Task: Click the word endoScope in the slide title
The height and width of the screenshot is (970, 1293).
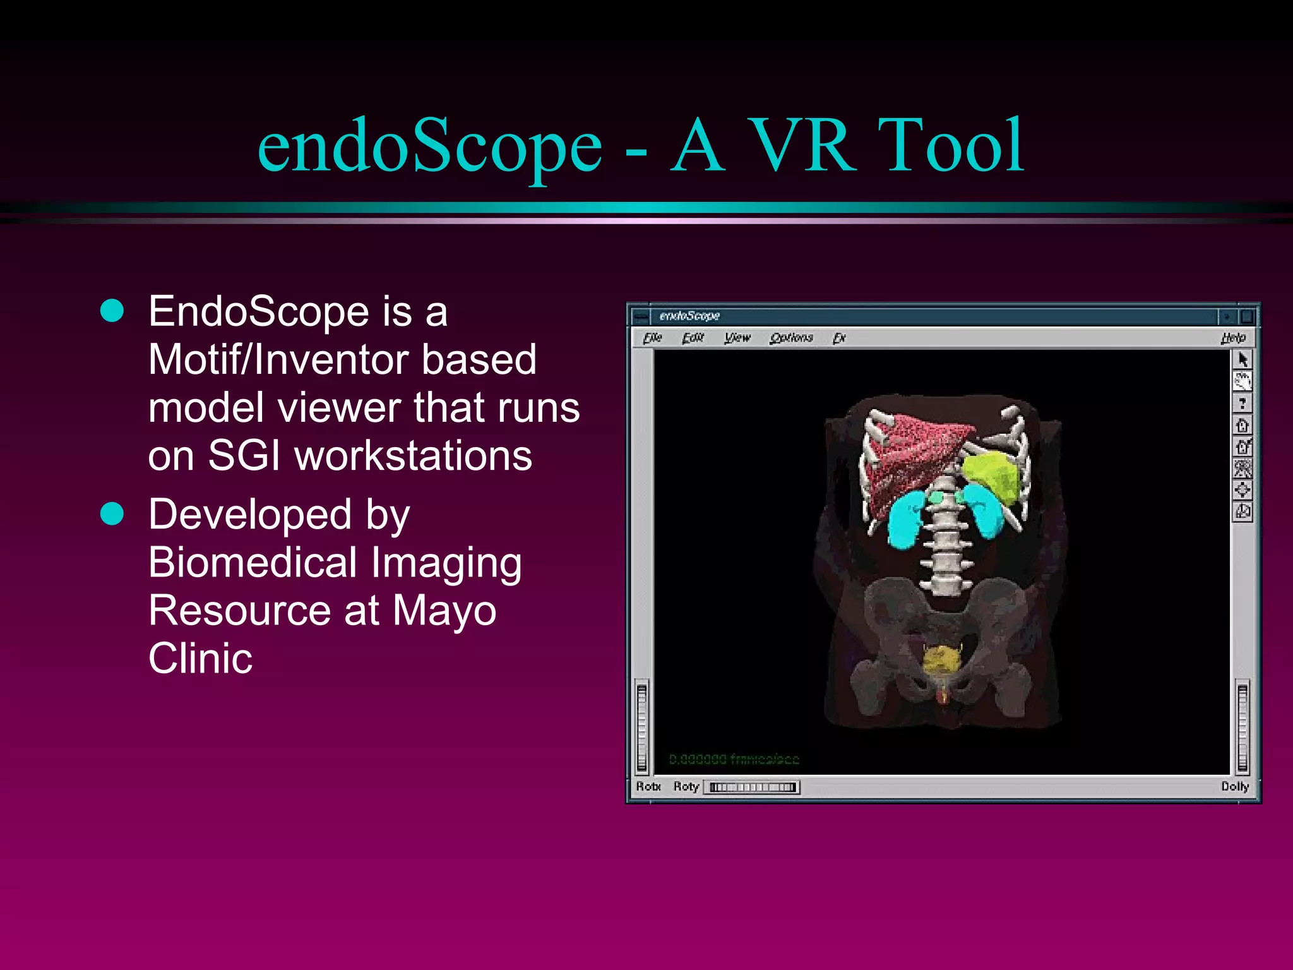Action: click(430, 147)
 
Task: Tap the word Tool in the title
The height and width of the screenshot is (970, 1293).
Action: click(951, 147)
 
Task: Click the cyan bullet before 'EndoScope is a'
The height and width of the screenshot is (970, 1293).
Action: click(112, 311)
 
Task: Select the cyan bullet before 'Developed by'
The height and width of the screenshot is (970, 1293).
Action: click(112, 513)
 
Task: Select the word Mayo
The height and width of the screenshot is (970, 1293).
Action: click(444, 611)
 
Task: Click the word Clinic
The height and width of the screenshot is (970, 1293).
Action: click(200, 659)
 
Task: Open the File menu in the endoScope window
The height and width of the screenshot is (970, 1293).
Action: click(652, 338)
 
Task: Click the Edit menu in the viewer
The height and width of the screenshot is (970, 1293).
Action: click(693, 338)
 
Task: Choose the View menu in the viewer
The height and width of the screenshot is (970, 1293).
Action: click(737, 338)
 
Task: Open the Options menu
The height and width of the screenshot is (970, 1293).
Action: click(791, 338)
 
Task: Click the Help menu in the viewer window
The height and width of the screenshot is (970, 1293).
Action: click(1233, 338)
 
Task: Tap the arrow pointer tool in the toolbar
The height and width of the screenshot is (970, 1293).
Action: click(1242, 359)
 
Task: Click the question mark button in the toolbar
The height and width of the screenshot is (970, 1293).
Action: click(1242, 403)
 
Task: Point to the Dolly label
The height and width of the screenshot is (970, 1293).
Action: click(1234, 786)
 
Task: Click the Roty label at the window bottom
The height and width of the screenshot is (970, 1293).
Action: click(686, 786)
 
